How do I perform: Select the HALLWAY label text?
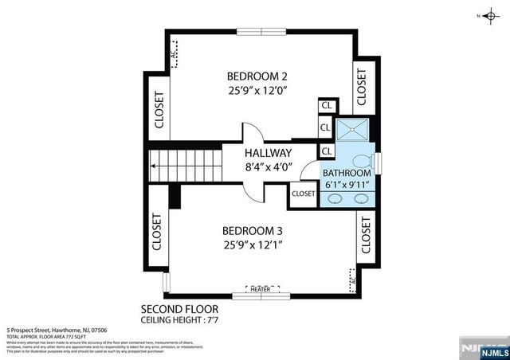tap(268, 153)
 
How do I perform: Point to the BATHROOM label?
tap(347, 173)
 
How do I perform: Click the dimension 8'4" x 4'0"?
tap(268, 167)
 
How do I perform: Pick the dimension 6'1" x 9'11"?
tap(347, 185)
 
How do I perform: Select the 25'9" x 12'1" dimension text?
tap(253, 245)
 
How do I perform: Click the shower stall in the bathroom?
tap(348, 131)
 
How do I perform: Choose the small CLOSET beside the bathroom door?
tap(304, 194)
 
